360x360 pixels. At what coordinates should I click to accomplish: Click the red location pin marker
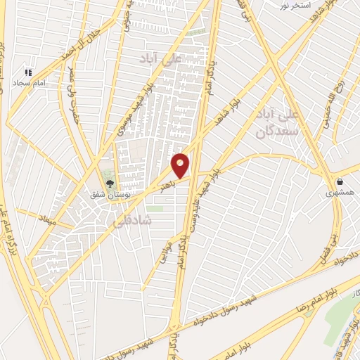[x=181, y=165]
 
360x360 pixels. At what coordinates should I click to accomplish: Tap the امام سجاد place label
[x=27, y=83]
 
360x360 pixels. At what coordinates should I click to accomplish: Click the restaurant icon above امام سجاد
[x=28, y=72]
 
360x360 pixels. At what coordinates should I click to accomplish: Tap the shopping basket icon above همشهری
[x=340, y=179]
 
